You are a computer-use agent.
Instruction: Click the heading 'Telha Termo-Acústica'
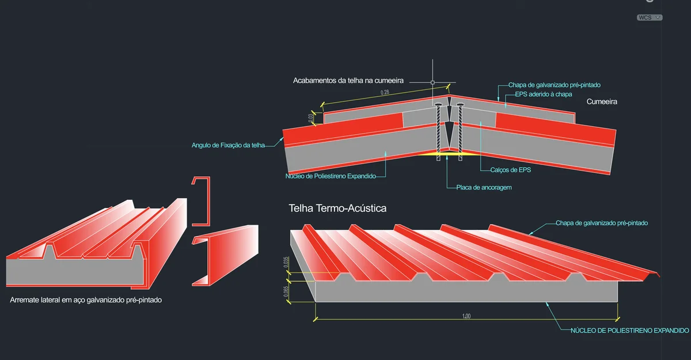(337, 208)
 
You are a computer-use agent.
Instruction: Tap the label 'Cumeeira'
(602, 101)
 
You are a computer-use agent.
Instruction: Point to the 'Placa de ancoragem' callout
(484, 187)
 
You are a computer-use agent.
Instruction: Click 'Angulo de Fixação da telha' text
(228, 145)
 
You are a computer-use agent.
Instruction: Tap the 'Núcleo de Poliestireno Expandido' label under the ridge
(330, 176)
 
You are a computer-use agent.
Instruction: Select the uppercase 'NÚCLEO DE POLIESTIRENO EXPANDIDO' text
(629, 331)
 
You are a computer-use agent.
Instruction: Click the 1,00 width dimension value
(466, 316)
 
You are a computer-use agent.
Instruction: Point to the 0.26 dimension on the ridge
(385, 92)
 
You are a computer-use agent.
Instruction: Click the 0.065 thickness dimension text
(287, 293)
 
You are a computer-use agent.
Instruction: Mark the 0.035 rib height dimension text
(287, 263)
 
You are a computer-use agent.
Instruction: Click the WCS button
(649, 18)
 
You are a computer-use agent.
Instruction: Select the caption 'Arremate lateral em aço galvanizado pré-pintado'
(86, 301)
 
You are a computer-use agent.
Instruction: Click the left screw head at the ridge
(439, 105)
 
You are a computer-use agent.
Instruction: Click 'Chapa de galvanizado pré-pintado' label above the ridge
(554, 85)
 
